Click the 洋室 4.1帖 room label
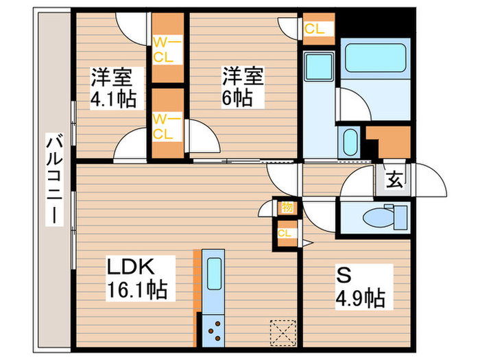coord(112,88)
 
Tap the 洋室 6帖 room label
coord(237,86)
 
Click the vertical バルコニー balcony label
coord(52,180)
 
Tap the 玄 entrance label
coord(394,181)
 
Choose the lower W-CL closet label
coord(167,125)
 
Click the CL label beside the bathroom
coord(315,29)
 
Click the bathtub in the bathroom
coord(374,58)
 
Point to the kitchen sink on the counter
coord(213,277)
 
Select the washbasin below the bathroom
coord(349,143)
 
